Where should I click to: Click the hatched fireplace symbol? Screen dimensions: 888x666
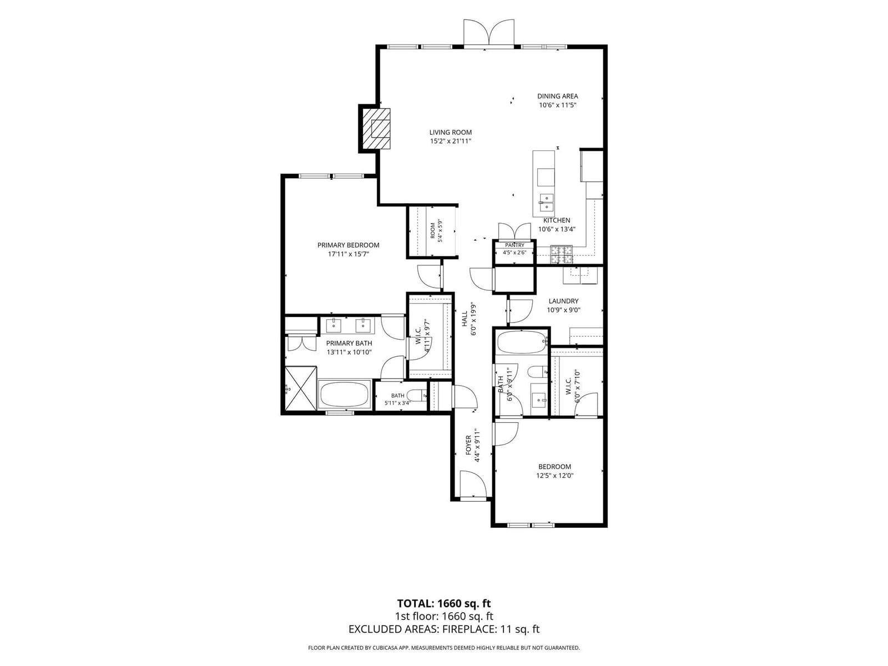376,129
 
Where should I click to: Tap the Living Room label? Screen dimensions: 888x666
450,132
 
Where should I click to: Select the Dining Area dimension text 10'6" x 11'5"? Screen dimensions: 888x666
557,105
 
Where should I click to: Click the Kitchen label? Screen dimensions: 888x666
557,220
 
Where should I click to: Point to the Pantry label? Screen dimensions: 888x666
514,245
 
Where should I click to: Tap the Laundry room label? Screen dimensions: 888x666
563,301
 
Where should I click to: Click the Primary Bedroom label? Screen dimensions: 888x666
348,245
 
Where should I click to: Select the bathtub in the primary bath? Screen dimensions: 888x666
345,394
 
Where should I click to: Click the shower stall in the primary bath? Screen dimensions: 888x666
301,388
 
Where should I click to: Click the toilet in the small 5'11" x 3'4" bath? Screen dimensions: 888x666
417,395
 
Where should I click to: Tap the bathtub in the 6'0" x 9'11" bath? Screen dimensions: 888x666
521,342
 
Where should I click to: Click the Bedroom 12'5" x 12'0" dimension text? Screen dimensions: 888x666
554,476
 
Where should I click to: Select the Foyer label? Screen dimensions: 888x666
468,445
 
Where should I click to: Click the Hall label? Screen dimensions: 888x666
465,319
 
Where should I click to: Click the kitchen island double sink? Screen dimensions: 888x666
546,202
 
